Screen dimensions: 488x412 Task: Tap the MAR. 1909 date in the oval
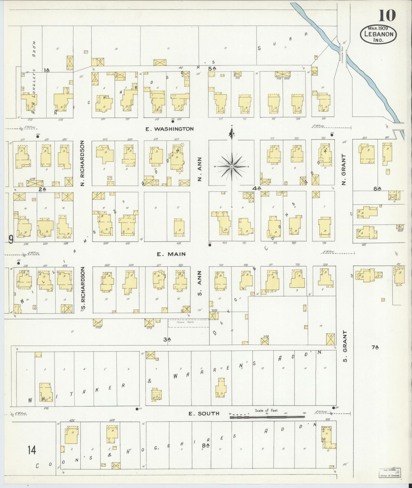(378, 28)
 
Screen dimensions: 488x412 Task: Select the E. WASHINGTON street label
(170, 129)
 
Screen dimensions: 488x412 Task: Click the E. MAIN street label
(171, 254)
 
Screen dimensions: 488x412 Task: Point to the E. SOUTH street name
(204, 414)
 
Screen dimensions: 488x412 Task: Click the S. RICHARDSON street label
(82, 290)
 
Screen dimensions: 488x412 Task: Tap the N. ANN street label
(200, 169)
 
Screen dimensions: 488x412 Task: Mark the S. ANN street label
(200, 283)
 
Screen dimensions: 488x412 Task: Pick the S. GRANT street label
(345, 346)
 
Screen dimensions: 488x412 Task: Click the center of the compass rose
(232, 167)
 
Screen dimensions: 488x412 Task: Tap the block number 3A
(167, 339)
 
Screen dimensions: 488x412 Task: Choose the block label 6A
(377, 189)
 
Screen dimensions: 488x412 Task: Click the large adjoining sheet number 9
(11, 240)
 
